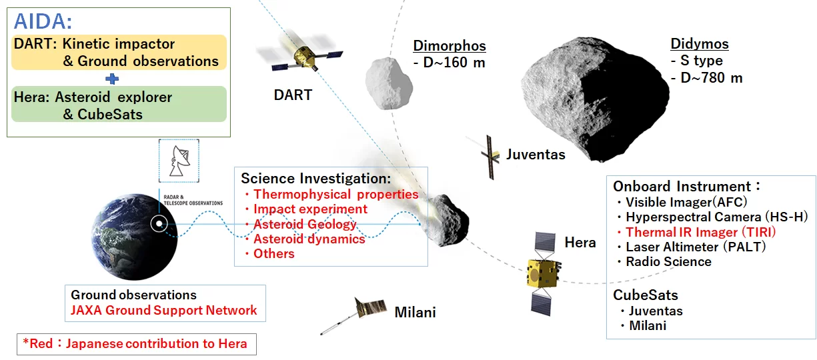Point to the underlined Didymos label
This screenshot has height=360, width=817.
tap(699, 45)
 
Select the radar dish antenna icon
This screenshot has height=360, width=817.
tap(179, 161)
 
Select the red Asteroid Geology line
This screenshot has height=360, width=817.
tap(304, 224)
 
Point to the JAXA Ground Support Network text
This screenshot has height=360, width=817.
tap(163, 310)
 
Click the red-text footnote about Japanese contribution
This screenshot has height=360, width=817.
tap(135, 344)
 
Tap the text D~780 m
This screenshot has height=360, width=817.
tap(711, 77)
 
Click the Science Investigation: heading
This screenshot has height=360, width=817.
tap(315, 179)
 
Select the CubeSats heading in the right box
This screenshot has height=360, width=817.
tap(645, 295)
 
